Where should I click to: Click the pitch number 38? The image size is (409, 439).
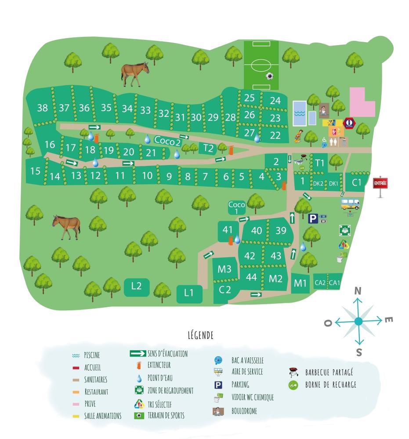point(42,108)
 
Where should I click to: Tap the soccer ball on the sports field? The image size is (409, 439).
point(269,76)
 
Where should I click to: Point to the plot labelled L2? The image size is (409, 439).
point(136,286)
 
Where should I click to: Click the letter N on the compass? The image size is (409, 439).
point(358,291)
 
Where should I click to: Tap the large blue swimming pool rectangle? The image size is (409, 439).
point(300,112)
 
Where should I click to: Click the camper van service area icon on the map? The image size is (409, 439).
point(350,204)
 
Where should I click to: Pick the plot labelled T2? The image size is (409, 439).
point(208,148)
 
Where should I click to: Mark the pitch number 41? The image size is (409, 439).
point(227,230)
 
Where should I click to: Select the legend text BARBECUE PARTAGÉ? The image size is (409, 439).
point(329,373)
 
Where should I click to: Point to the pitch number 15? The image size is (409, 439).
point(35,170)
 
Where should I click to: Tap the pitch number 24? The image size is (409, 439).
point(275,101)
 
